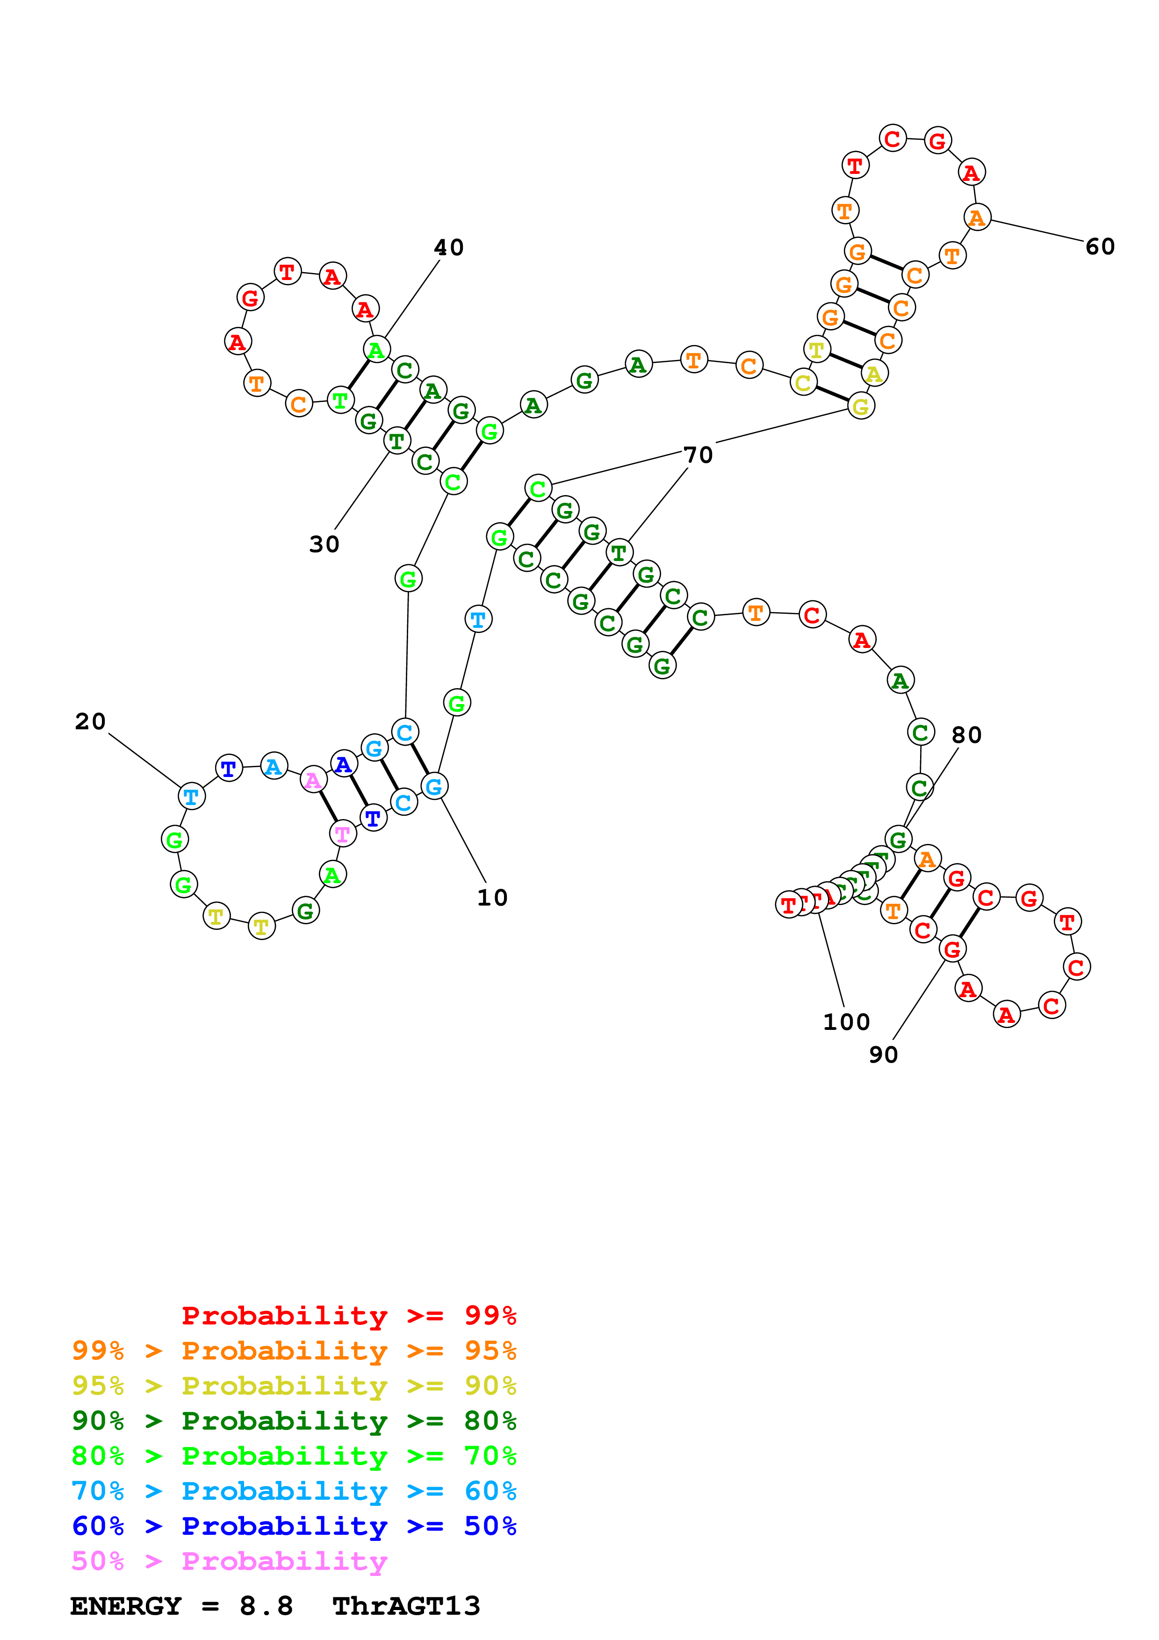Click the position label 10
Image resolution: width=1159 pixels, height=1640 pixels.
click(x=492, y=898)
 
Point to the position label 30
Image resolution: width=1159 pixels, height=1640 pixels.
click(x=324, y=544)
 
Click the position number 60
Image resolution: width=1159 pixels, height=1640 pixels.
click(x=1100, y=247)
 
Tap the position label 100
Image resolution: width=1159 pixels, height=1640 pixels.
click(x=846, y=1022)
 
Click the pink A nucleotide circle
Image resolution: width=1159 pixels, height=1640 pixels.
click(x=313, y=780)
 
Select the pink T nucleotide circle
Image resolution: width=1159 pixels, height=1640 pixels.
click(x=343, y=834)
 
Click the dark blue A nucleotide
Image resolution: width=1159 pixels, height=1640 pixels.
click(x=344, y=764)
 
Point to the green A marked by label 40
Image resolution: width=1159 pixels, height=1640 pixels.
click(x=376, y=350)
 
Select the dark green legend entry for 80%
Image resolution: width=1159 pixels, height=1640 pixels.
click(x=294, y=1421)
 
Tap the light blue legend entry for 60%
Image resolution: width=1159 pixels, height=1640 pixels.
click(x=294, y=1491)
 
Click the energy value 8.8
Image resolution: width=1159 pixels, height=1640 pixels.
click(x=266, y=1606)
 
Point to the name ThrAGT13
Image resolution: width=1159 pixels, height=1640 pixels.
click(x=406, y=1606)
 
